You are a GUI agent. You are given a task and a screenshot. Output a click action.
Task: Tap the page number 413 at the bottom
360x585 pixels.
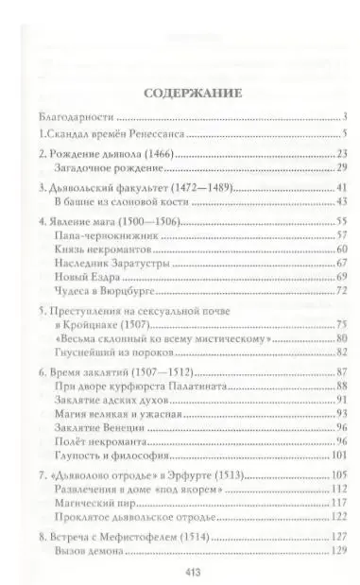coord(180,573)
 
